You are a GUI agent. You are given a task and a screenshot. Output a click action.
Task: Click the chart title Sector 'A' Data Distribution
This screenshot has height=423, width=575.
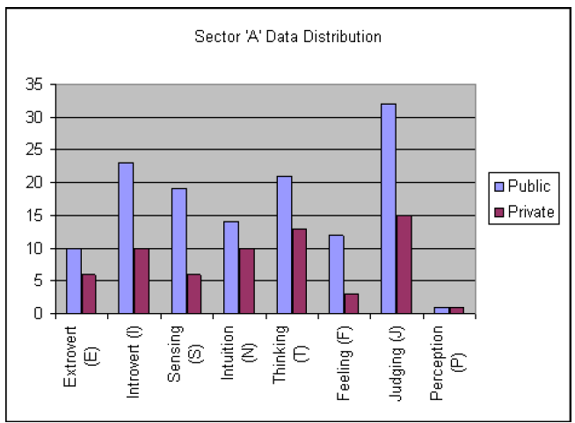pos(287,39)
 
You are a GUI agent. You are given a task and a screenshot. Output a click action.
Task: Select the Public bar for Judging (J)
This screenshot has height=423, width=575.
pos(389,208)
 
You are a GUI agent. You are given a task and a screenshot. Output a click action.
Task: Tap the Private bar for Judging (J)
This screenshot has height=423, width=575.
pos(404,264)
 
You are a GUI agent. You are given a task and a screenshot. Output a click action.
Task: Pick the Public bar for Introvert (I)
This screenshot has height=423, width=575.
pos(126,237)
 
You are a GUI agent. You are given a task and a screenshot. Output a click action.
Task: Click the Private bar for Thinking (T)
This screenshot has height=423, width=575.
pos(298,270)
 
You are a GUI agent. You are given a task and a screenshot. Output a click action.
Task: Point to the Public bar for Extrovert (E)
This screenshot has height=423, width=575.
pos(73,281)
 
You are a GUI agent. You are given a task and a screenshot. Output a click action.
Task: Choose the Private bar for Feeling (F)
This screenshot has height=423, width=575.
pos(351,303)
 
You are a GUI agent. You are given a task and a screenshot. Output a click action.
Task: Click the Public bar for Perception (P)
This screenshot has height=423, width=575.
pos(440,310)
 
